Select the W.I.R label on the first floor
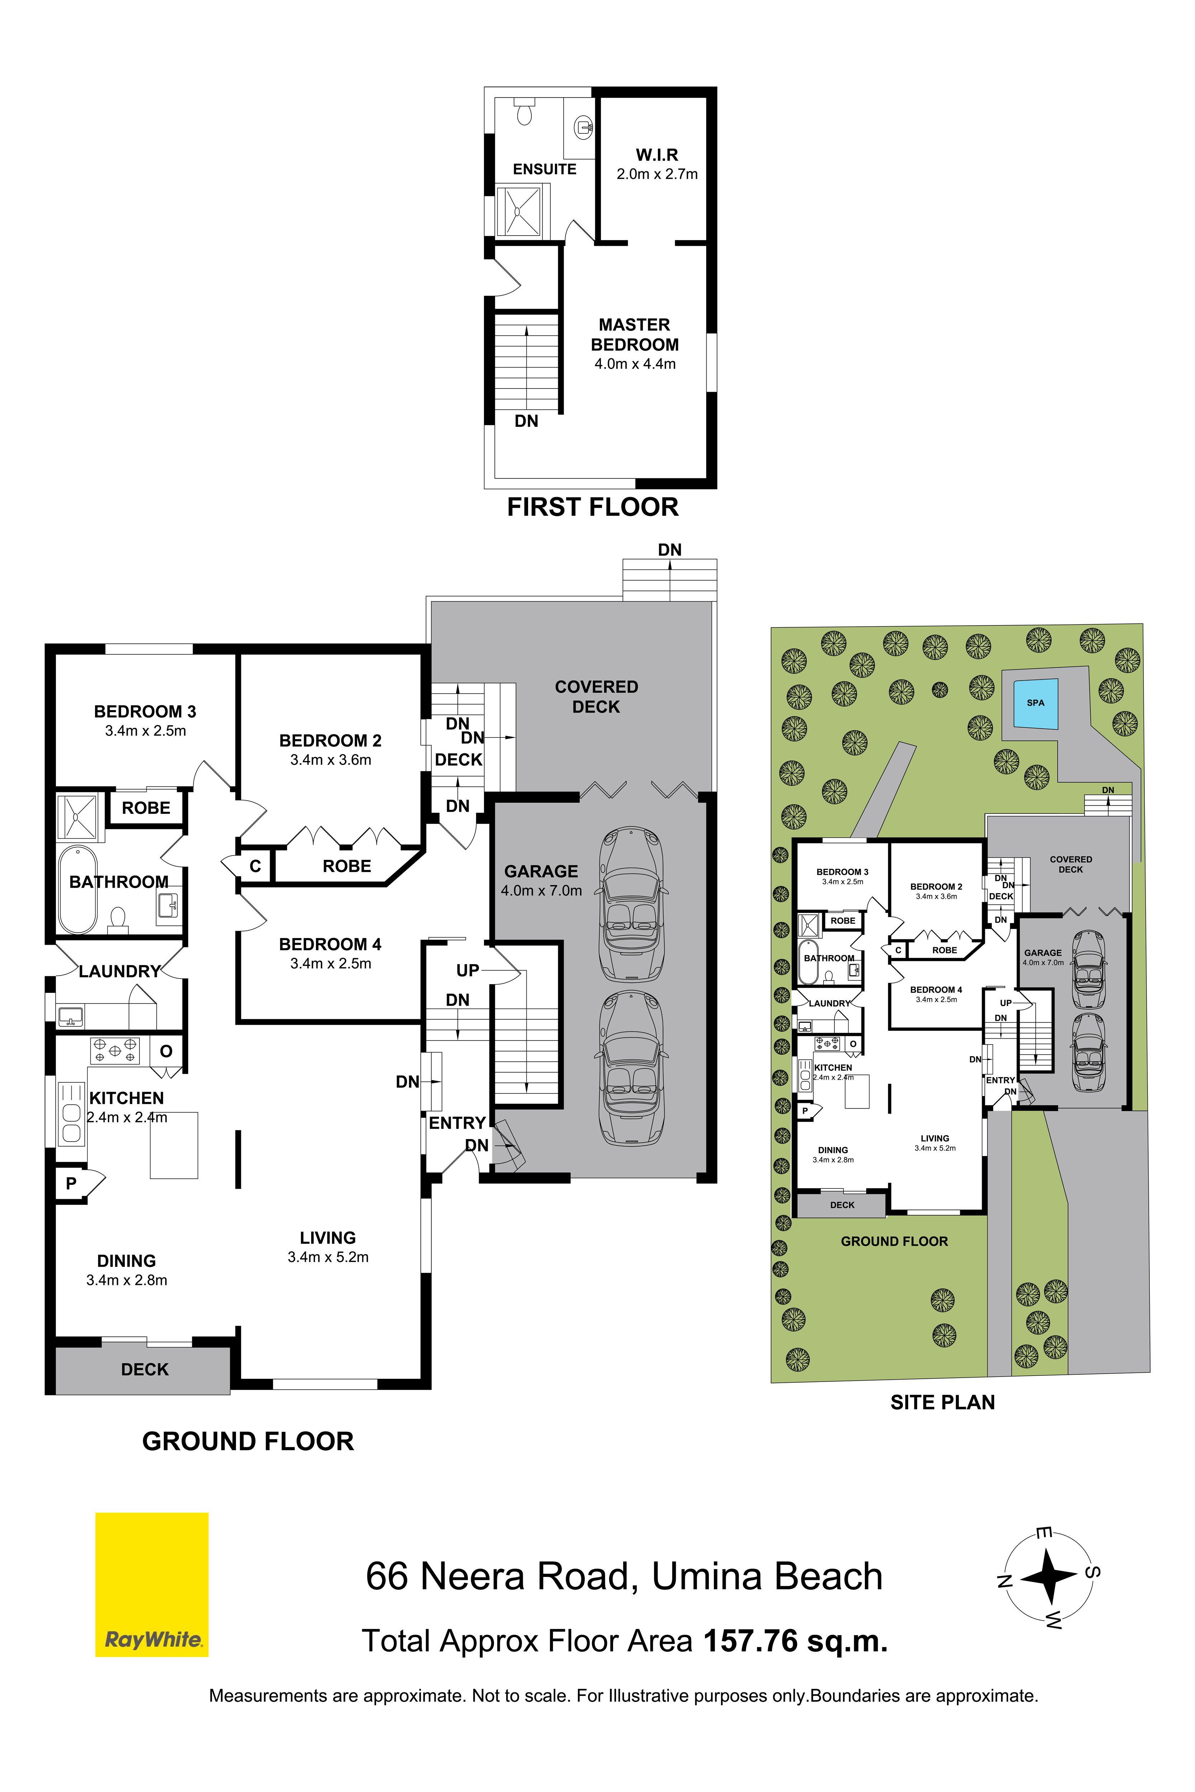pos(657,155)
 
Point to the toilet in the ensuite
pos(524,110)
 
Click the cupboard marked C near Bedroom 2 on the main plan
pos(255,866)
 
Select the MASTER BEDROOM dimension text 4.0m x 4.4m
pos(635,364)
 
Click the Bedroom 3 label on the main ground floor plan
pos(145,712)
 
